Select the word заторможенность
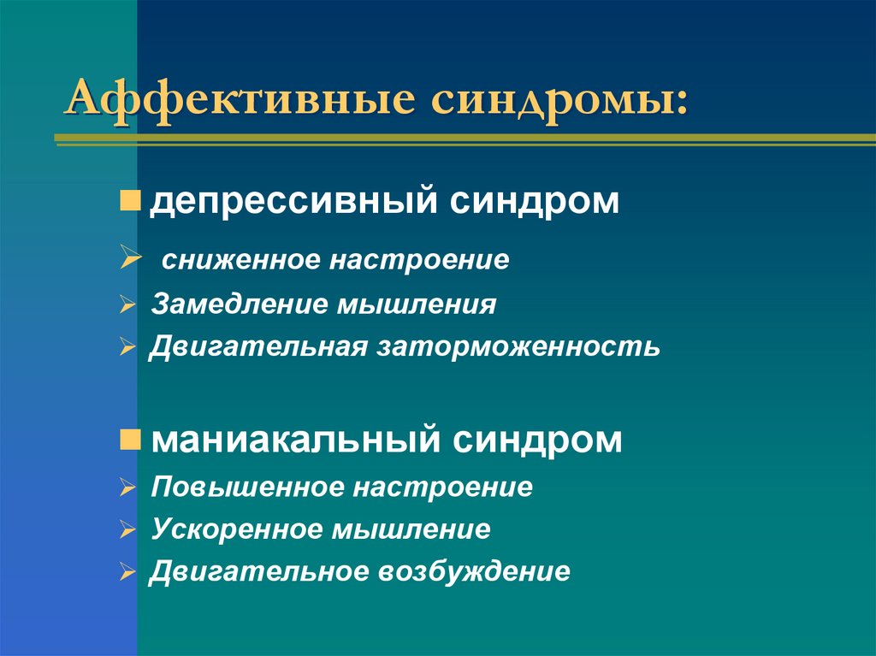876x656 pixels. click(x=518, y=347)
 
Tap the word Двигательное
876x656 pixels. click(x=258, y=571)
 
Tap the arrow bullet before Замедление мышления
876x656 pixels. click(x=127, y=304)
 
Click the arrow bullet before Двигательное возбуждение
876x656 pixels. click(x=127, y=571)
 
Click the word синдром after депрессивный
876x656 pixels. click(x=535, y=203)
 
